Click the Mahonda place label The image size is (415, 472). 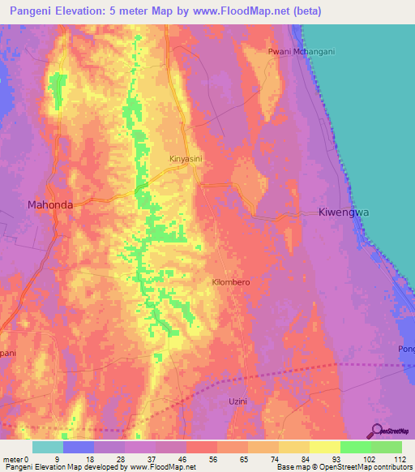pos(50,205)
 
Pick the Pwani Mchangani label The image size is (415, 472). pos(302,51)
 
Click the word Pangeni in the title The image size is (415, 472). pos(28,11)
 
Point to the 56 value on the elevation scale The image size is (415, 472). pos(201,459)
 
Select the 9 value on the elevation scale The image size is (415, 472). pos(57,459)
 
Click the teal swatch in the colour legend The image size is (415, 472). pos(48,447)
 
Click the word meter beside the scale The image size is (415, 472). pos(13,459)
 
